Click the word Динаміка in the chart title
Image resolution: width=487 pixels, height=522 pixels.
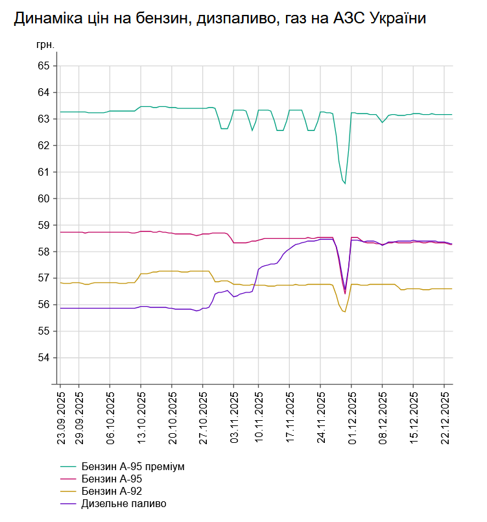(45, 19)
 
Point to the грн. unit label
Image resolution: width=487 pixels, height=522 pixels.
(45, 45)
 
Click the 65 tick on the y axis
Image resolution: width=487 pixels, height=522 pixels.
(43, 66)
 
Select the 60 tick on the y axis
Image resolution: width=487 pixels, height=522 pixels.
(43, 198)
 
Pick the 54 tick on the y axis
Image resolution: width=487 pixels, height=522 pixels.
(43, 358)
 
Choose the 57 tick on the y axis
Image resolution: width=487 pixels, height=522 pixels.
(43, 278)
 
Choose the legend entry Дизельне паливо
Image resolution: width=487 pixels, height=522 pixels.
(124, 504)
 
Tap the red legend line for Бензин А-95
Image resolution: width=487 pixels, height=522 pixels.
(68, 479)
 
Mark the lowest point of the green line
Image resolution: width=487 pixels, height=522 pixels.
(345, 184)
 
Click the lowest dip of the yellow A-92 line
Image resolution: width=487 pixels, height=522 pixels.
(345, 312)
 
